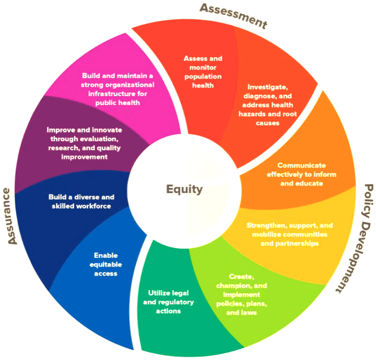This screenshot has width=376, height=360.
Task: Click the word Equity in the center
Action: click(184, 189)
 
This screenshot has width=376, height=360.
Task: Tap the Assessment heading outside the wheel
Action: click(234, 16)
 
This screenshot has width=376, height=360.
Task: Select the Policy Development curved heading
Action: click(356, 238)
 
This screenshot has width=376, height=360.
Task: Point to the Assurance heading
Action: click(10, 216)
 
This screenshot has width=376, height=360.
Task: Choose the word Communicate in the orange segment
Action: click(301, 165)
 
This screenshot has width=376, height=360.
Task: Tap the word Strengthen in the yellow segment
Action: click(267, 225)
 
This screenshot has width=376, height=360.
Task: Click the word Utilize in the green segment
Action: click(159, 293)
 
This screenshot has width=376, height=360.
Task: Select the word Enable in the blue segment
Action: click(106, 256)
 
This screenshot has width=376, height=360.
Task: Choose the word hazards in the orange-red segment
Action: click(252, 114)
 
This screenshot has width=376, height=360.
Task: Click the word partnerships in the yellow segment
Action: click(297, 244)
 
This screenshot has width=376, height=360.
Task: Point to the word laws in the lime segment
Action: click(249, 312)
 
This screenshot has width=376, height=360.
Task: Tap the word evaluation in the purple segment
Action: click(101, 139)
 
